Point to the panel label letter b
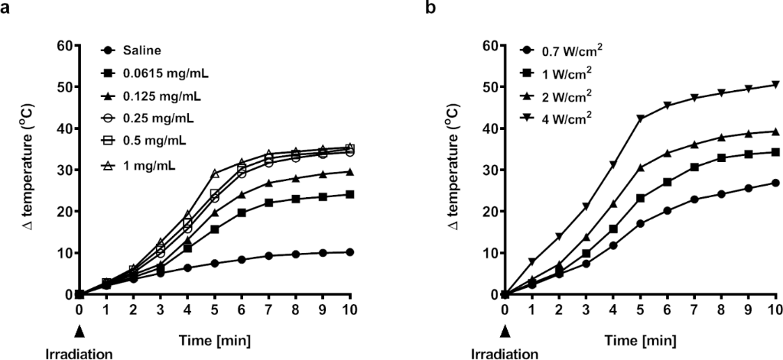click(430, 8)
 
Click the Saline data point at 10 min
click(349, 252)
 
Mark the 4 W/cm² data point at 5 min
click(640, 118)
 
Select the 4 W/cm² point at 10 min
click(775, 84)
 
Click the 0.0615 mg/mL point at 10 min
click(349, 194)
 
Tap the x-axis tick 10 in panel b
click(775, 309)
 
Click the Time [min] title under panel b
click(639, 337)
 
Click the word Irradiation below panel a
click(79, 353)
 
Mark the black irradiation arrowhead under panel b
click(505, 331)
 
